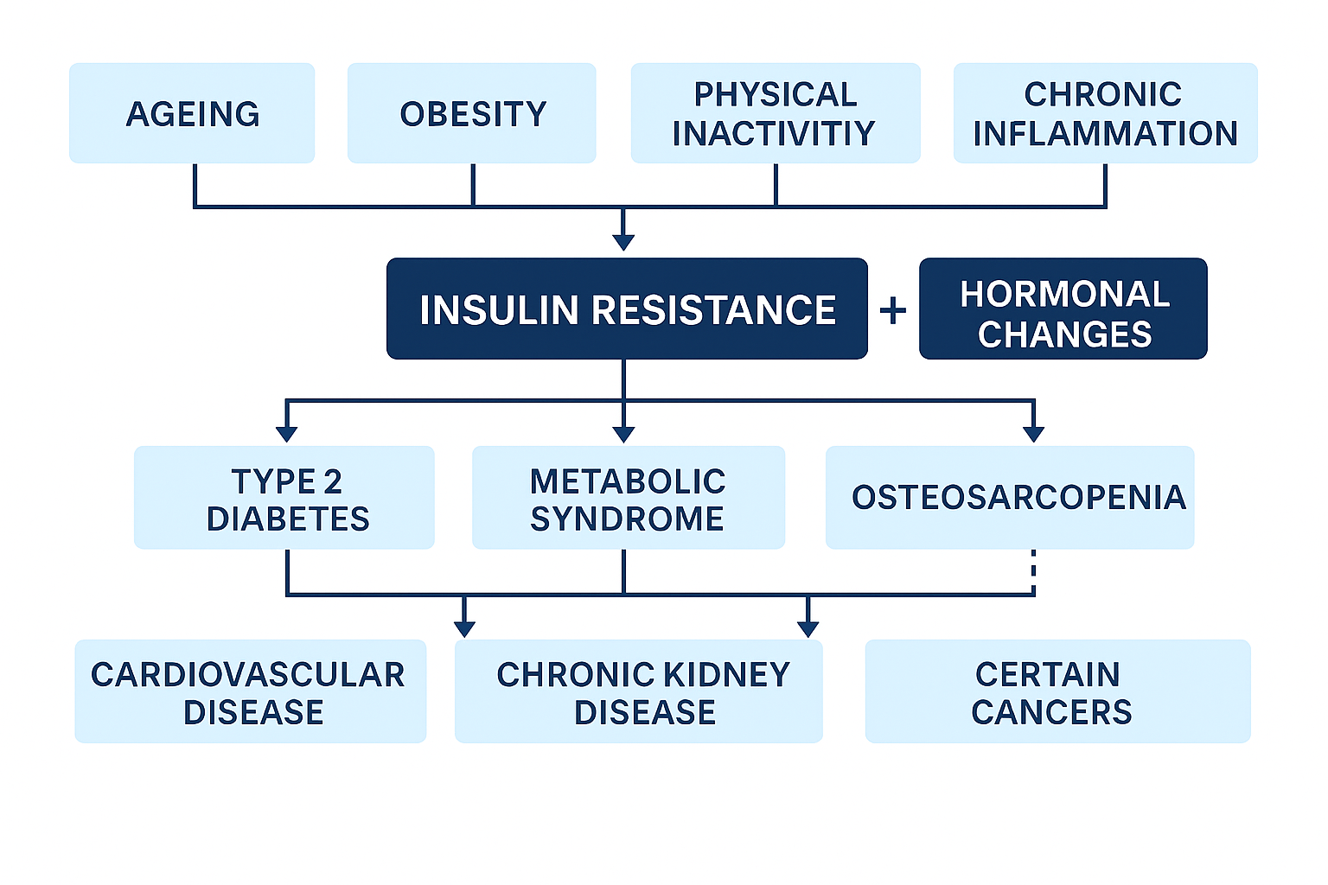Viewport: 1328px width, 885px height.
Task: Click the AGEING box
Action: [192, 113]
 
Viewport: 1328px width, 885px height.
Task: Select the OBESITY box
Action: [472, 113]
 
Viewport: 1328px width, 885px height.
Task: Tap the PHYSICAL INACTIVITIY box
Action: [776, 113]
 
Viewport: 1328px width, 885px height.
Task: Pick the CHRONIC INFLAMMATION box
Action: [1106, 113]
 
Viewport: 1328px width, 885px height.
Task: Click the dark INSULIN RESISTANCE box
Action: [627, 309]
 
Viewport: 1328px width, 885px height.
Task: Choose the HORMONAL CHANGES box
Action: [1063, 309]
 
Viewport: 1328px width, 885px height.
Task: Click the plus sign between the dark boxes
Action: [893, 310]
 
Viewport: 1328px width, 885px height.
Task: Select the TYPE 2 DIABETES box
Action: [284, 497]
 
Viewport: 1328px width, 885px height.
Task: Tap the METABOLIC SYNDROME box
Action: [629, 497]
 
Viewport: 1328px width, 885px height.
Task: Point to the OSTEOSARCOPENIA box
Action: [1010, 497]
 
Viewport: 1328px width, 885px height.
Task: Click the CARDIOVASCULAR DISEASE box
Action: [250, 691]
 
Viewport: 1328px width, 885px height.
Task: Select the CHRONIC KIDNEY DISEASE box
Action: [639, 691]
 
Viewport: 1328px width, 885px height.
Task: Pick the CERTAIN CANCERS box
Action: [1058, 691]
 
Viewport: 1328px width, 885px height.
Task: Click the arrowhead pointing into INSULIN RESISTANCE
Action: [623, 243]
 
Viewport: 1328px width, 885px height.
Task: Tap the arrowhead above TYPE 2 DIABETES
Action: [287, 435]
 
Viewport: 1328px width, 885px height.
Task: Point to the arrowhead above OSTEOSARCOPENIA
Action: [1033, 435]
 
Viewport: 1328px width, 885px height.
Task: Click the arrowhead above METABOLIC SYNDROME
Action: [623, 435]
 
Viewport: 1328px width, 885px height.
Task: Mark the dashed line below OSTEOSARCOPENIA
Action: [1033, 571]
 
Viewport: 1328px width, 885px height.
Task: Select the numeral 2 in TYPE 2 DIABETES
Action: [333, 481]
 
